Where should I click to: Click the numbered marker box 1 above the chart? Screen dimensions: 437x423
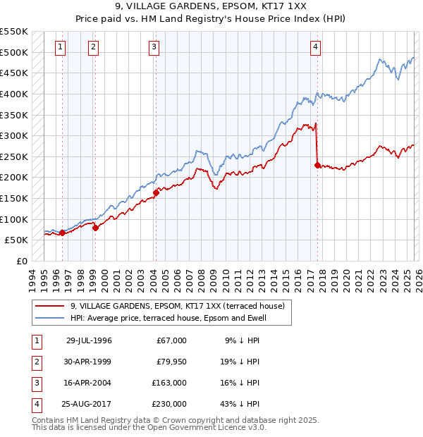click(x=60, y=47)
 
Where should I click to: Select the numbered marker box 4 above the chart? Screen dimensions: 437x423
click(x=316, y=47)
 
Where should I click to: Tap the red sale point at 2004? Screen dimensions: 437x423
click(x=156, y=192)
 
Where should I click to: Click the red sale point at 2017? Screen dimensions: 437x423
click(x=317, y=165)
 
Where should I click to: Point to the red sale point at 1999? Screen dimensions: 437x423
click(x=95, y=227)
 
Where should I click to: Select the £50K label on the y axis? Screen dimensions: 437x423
click(x=17, y=240)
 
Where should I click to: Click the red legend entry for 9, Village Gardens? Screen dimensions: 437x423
click(x=176, y=306)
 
